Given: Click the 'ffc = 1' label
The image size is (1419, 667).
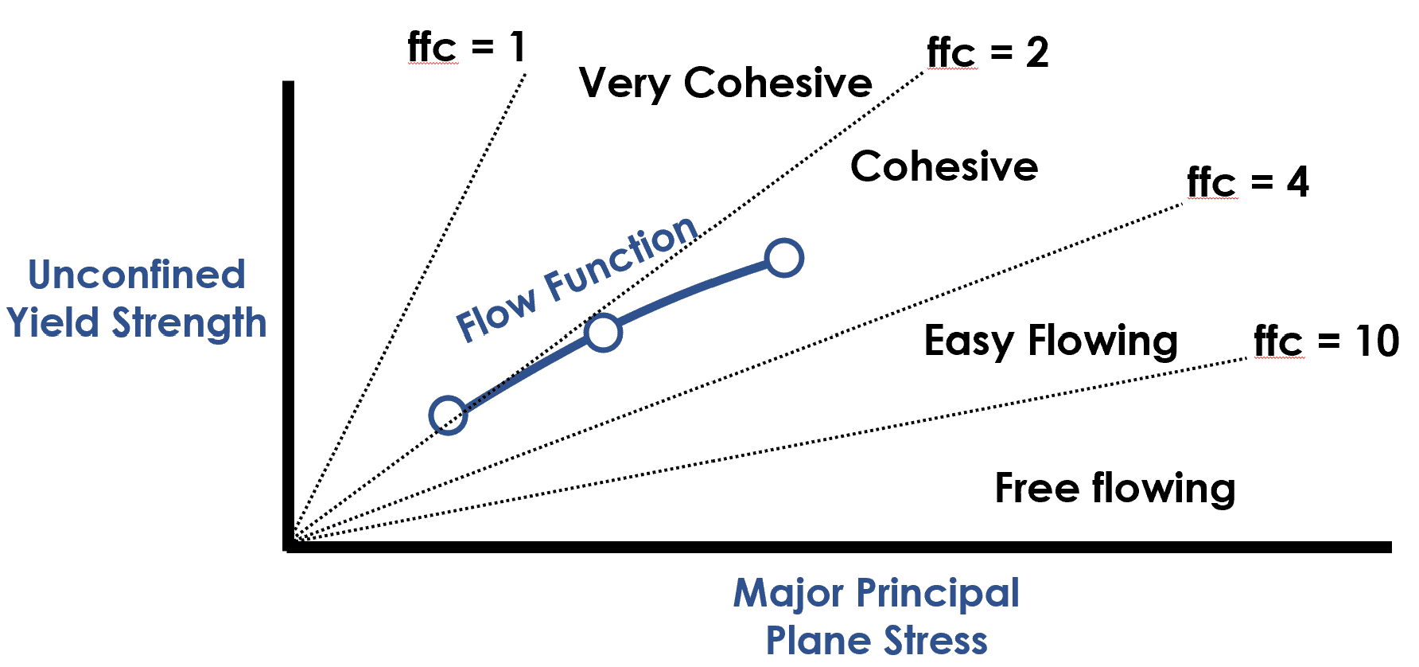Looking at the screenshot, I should pyautogui.click(x=466, y=47).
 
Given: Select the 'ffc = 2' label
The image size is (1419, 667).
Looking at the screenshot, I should pyautogui.click(x=987, y=53).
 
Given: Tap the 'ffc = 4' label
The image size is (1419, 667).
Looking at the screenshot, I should pyautogui.click(x=1247, y=182).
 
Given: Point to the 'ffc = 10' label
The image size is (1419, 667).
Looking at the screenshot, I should pyautogui.click(x=1326, y=341).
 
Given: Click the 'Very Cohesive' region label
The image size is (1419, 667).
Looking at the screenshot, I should pyautogui.click(x=725, y=83).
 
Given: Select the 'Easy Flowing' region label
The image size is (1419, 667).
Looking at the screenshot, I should pyautogui.click(x=1051, y=341).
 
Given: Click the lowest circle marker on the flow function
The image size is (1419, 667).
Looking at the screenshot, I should pyautogui.click(x=448, y=415).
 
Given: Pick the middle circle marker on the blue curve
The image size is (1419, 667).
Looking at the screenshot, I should pyautogui.click(x=603, y=333).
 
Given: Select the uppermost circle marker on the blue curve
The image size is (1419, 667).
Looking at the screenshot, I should pyautogui.click(x=784, y=258).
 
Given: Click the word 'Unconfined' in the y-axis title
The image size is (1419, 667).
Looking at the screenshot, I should pyautogui.click(x=137, y=275).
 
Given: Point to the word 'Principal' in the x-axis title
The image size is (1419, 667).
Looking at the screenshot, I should pyautogui.click(x=938, y=594).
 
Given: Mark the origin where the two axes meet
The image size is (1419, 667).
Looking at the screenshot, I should pyautogui.click(x=290, y=546).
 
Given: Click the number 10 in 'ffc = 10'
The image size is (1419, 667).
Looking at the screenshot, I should pyautogui.click(x=1378, y=341).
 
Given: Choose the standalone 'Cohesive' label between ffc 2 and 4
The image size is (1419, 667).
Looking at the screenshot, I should pyautogui.click(x=944, y=166).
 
